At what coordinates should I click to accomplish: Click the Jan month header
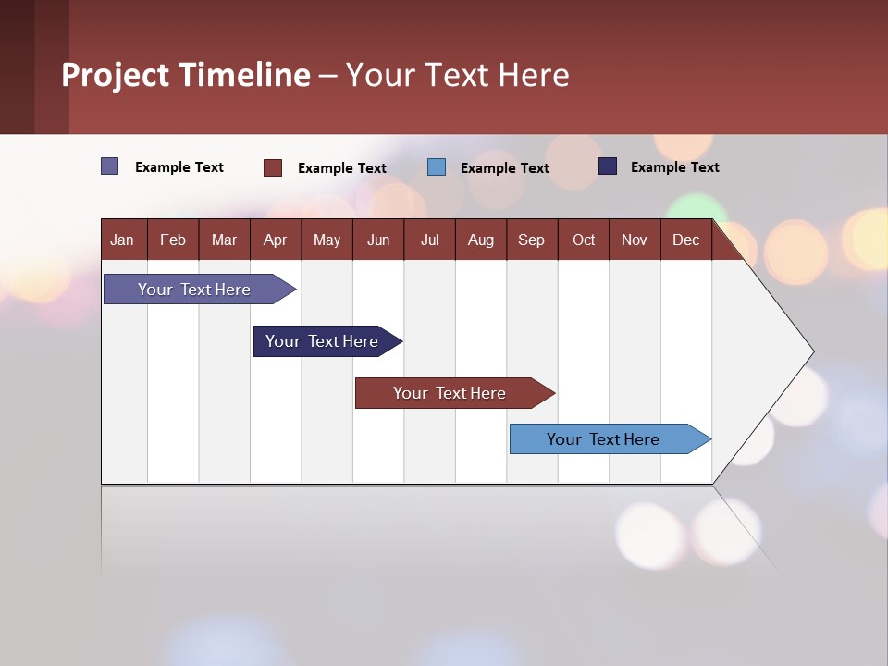tap(122, 240)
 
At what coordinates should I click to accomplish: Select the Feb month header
tap(173, 240)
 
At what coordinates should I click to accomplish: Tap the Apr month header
tap(275, 240)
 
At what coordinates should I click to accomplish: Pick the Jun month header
tap(378, 240)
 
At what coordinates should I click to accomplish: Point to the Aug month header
tap(480, 240)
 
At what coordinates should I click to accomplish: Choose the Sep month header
tap(531, 240)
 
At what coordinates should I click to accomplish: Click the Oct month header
tap(584, 240)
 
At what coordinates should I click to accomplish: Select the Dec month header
tap(685, 240)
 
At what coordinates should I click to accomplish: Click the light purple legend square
tap(109, 166)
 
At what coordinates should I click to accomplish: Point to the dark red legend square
tap(272, 167)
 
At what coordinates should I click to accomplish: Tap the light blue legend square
tap(437, 167)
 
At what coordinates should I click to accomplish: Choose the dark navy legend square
tap(607, 166)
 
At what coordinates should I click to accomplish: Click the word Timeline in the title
tap(244, 75)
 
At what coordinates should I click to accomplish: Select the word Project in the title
tap(114, 75)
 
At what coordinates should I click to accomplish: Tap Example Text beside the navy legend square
tap(674, 167)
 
